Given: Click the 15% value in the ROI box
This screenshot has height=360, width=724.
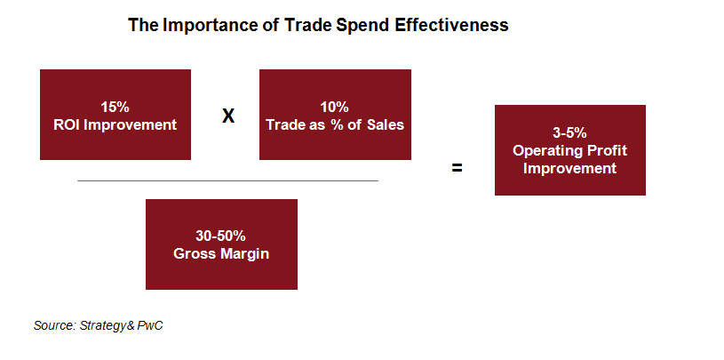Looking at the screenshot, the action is pos(115,108).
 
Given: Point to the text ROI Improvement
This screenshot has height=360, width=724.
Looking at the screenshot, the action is pos(115,124).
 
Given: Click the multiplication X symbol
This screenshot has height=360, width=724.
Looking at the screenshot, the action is pos(228,116).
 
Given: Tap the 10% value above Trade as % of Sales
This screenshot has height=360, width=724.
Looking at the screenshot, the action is pos(335,108).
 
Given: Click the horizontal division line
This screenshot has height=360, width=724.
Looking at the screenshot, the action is pos(227,180).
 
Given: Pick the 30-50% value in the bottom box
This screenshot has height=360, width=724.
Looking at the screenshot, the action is pos(221,236).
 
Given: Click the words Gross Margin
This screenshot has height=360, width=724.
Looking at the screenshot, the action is pos(221,253).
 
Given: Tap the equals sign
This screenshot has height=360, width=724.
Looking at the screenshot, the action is pos(457,168).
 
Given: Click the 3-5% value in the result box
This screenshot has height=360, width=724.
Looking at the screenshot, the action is pos(569,133).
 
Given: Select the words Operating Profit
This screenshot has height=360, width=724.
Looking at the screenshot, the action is pos(569,150).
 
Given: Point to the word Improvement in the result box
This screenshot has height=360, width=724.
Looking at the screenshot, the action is pos(569,168).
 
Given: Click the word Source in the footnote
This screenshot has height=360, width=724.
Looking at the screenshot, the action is pos(54,326).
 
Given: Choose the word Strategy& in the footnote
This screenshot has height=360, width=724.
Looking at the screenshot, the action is pos(107,326).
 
